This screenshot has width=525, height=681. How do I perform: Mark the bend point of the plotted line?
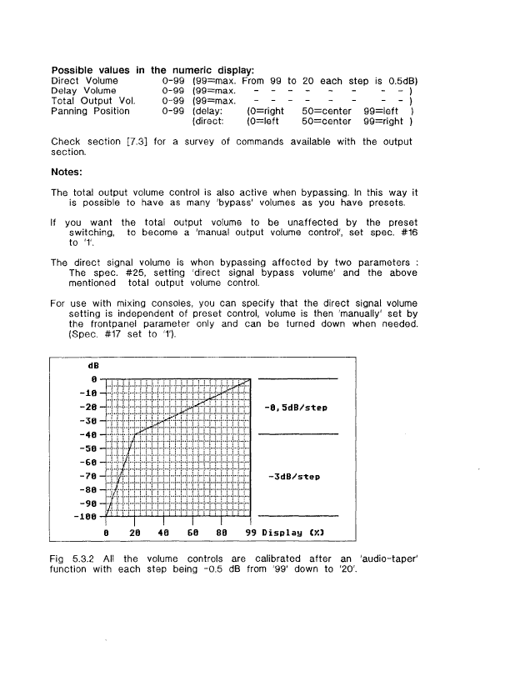click(x=136, y=433)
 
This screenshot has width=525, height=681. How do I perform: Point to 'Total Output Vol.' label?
click(x=91, y=100)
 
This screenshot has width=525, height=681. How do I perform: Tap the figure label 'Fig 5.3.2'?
click(x=73, y=555)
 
